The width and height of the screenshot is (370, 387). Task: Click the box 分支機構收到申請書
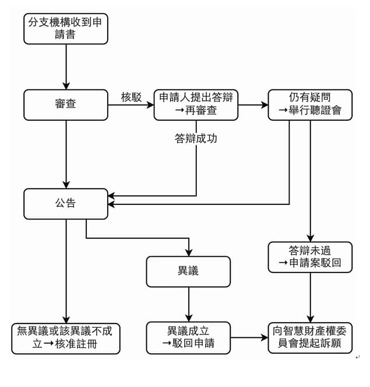pyautogui.click(x=66, y=29)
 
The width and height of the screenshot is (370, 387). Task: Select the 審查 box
pyautogui.click(x=66, y=104)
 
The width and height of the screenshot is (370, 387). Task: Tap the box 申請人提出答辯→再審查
pyautogui.click(x=196, y=104)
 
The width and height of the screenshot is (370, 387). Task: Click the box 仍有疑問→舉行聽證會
pyautogui.click(x=310, y=104)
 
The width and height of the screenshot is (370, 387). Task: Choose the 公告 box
pyautogui.click(x=66, y=204)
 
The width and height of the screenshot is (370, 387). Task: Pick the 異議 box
pyautogui.click(x=188, y=271)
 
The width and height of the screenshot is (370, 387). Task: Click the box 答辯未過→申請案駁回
pyautogui.click(x=310, y=257)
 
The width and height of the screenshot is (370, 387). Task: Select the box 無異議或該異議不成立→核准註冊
pyautogui.click(x=66, y=337)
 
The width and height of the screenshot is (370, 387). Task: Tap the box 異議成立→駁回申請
pyautogui.click(x=188, y=337)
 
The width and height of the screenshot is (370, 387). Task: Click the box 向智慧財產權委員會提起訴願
pyautogui.click(x=310, y=337)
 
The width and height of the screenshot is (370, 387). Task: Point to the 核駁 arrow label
pyautogui.click(x=131, y=97)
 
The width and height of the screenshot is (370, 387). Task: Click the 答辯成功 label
pyautogui.click(x=196, y=139)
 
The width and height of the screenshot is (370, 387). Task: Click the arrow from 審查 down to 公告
pyautogui.click(x=66, y=154)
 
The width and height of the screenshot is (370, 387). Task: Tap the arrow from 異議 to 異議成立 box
pyautogui.click(x=188, y=304)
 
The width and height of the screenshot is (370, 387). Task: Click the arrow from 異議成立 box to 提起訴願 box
pyautogui.click(x=249, y=337)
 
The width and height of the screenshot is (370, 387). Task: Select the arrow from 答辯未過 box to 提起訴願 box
pyautogui.click(x=310, y=297)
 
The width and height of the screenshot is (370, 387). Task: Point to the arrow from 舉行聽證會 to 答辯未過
pyautogui.click(x=310, y=181)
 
